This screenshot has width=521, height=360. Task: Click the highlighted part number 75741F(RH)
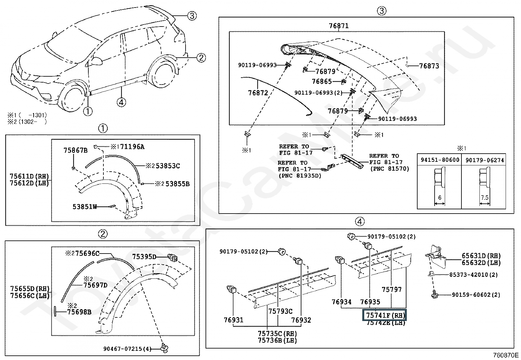384,315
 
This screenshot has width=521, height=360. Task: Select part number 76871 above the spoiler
338,26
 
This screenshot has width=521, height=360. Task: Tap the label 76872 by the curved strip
258,93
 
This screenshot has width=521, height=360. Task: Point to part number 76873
429,66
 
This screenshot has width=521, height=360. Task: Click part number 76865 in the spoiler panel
322,81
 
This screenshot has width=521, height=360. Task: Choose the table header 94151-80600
440,160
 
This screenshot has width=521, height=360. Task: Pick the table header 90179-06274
485,160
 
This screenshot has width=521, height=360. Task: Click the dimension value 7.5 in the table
485,198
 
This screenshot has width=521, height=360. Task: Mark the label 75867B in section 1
75,150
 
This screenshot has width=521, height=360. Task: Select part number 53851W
85,207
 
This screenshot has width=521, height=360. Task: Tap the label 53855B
177,184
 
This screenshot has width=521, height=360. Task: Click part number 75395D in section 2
144,256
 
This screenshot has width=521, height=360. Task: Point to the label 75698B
79,312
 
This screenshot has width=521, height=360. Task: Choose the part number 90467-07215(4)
127,349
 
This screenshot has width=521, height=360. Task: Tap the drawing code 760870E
506,355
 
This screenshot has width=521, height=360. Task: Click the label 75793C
280,311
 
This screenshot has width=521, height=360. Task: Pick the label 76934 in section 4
341,302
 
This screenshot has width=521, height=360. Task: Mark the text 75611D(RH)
29,176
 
